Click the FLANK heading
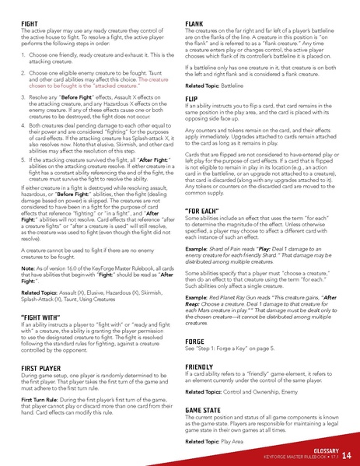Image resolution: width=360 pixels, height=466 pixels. (x=194, y=24)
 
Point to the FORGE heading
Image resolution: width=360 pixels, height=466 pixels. (x=195, y=342)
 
